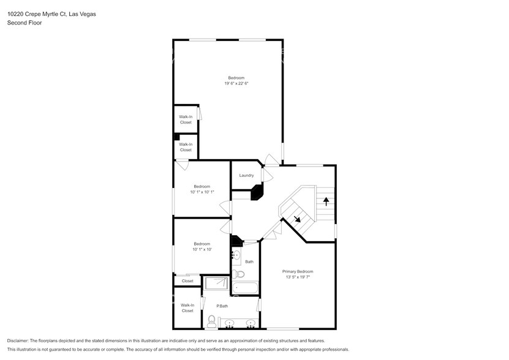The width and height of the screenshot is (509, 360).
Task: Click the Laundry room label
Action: (x=246, y=176)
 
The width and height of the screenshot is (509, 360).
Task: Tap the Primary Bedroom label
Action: (x=298, y=271)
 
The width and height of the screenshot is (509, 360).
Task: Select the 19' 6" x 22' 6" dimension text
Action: (x=236, y=83)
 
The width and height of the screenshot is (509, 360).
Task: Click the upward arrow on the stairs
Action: (x=326, y=200)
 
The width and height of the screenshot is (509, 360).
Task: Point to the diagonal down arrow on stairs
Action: (x=297, y=219)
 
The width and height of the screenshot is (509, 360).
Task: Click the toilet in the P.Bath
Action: (x=211, y=320)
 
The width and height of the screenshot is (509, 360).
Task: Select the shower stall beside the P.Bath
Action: (x=216, y=283)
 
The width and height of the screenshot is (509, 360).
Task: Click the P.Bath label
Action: (x=222, y=306)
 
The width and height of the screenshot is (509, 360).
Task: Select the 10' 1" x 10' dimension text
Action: (x=202, y=249)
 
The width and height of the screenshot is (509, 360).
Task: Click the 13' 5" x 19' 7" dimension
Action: (x=298, y=277)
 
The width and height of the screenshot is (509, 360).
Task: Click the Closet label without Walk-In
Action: (x=187, y=281)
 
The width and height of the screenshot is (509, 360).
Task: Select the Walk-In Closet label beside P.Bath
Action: (x=187, y=308)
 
